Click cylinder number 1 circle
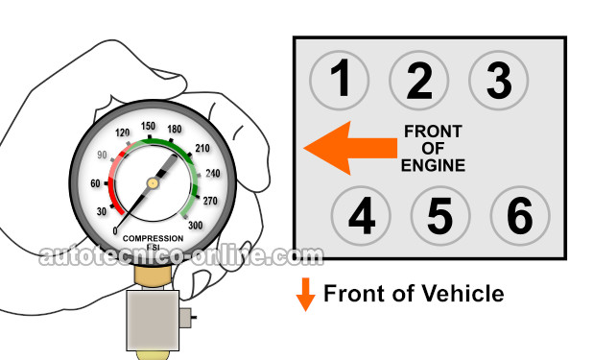(339, 81)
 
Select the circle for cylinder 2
(418, 81)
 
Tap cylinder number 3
(498, 81)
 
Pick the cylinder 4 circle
(361, 216)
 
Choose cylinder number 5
(440, 216)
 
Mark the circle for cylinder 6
(520, 216)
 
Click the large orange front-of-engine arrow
(350, 148)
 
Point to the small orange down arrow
(305, 294)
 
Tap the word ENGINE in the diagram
(433, 165)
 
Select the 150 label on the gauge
(148, 126)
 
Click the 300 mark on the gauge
(195, 226)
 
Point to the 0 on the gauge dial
(115, 230)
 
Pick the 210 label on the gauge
(202, 148)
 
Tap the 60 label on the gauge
(95, 183)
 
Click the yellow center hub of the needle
(153, 183)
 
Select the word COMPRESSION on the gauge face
(153, 238)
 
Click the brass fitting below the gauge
(153, 275)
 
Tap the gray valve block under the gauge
(153, 321)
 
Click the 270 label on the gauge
(210, 201)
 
